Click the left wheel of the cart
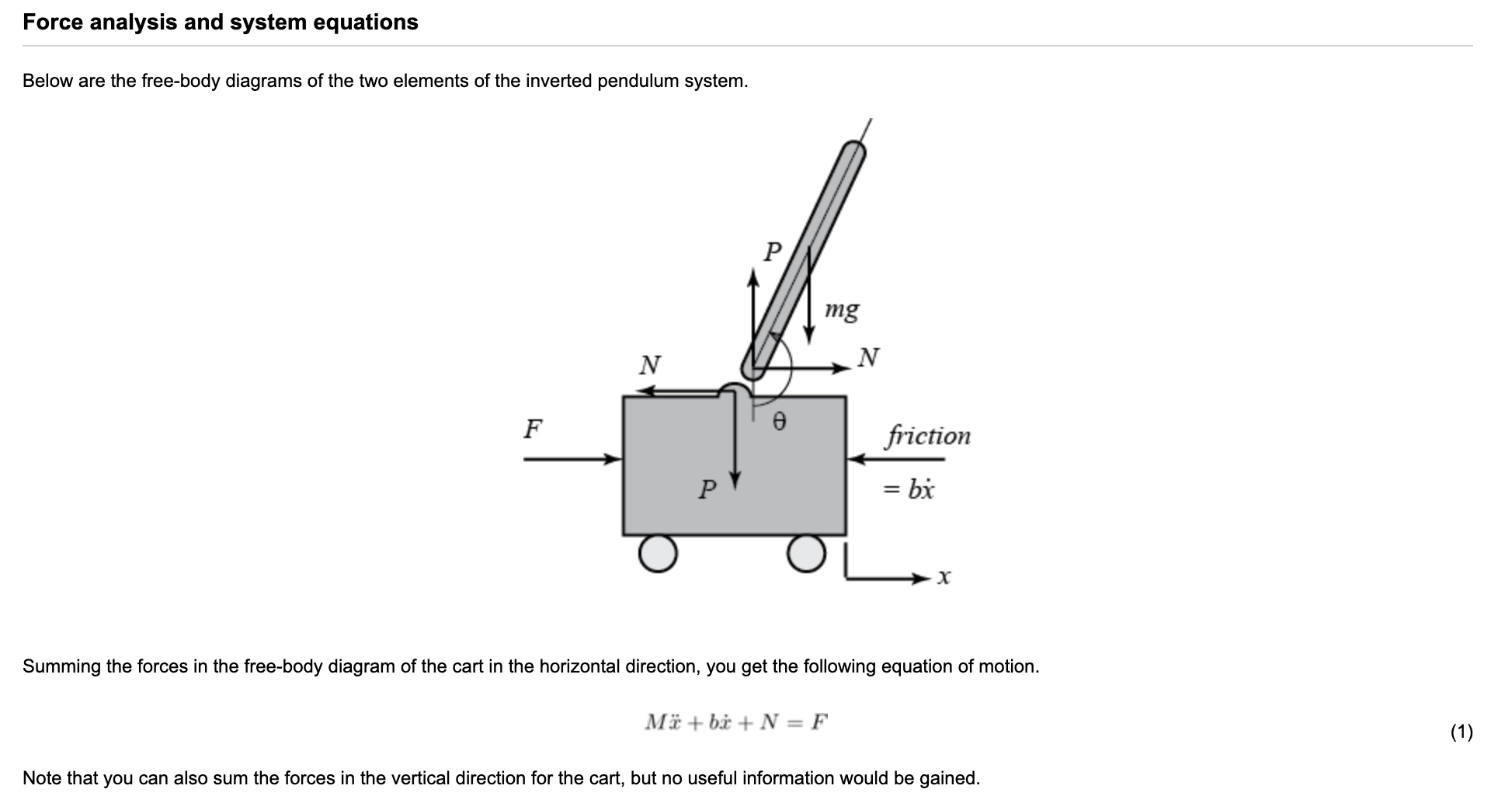(658, 553)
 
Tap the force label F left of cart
(533, 428)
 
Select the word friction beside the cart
(928, 436)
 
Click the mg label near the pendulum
(842, 310)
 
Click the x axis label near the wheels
(944, 577)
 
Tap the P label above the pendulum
(773, 252)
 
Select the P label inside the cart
(707, 489)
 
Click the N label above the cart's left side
(649, 364)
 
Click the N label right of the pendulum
(869, 357)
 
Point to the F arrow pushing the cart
(571, 459)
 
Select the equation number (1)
(1461, 732)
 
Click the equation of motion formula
(736, 722)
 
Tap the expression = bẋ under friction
(909, 490)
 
